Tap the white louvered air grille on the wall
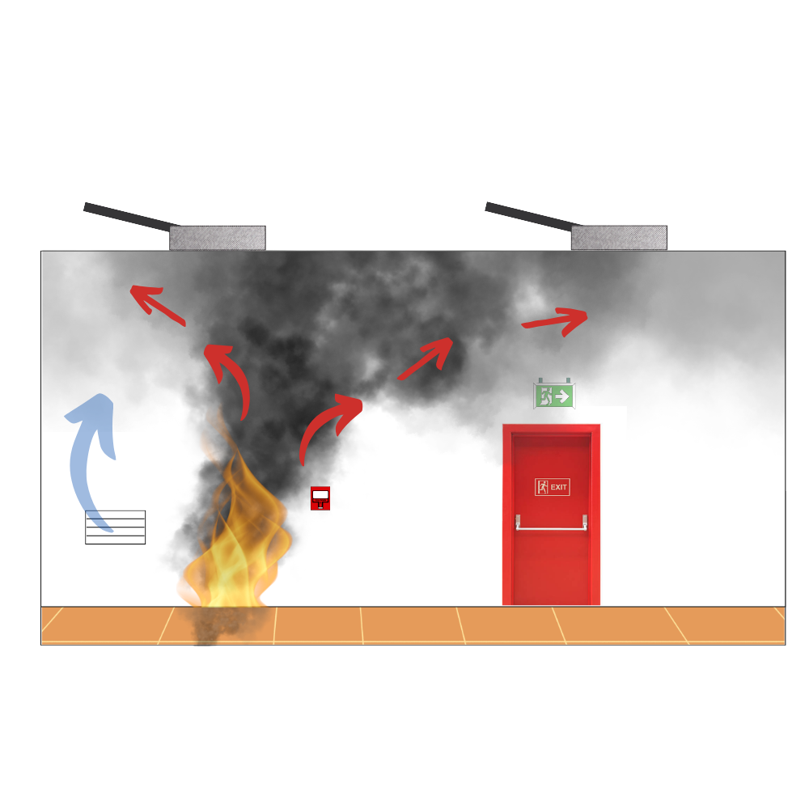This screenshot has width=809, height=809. [115, 527]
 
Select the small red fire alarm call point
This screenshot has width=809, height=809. [320, 498]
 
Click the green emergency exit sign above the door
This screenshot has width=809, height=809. [554, 396]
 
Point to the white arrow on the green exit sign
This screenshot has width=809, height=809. [562, 396]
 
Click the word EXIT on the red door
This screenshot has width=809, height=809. [558, 487]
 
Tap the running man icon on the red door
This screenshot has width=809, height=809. [542, 486]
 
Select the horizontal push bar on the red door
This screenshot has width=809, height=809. [551, 527]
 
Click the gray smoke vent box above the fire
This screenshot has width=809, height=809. [217, 238]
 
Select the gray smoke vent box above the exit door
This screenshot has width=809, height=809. [619, 238]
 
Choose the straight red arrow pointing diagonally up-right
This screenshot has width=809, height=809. [426, 358]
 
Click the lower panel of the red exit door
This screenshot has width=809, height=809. [551, 568]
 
